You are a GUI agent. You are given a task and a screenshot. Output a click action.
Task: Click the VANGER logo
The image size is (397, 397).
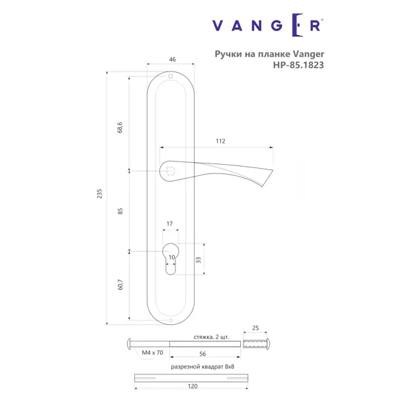click(x=267, y=25)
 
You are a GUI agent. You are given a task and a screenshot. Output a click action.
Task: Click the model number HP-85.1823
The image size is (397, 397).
click(x=298, y=65)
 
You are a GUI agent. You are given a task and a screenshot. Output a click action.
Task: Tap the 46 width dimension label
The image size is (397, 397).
click(x=172, y=60)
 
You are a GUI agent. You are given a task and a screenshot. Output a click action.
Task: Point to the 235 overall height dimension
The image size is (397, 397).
click(x=99, y=194)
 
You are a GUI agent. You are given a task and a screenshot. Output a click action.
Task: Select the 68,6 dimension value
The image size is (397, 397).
click(x=120, y=127)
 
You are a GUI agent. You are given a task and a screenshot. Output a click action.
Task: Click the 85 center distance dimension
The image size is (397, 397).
click(x=120, y=211)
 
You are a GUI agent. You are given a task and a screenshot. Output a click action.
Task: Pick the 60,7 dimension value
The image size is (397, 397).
click(x=120, y=285)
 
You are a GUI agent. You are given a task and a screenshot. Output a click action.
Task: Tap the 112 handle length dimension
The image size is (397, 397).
click(x=220, y=141)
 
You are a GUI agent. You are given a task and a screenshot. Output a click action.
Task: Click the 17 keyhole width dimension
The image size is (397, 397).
click(x=169, y=224)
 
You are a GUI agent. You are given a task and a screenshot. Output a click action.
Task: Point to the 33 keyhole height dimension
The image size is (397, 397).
click(x=198, y=260)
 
